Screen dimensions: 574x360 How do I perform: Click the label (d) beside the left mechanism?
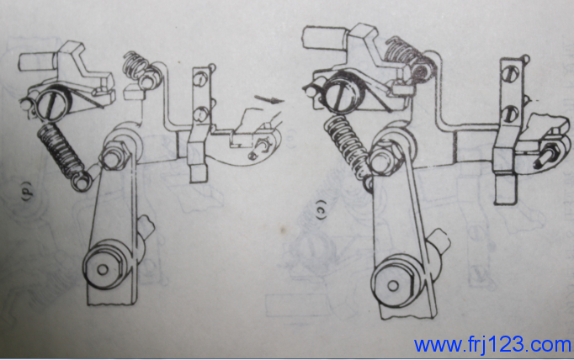coord(28,190)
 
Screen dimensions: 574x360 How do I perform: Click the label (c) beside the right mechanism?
coord(321,209)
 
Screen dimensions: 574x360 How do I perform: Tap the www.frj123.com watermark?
coord(493,345)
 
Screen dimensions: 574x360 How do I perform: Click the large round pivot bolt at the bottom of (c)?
coord(395,284)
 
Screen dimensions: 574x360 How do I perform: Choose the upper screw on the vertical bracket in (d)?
coord(200,79)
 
